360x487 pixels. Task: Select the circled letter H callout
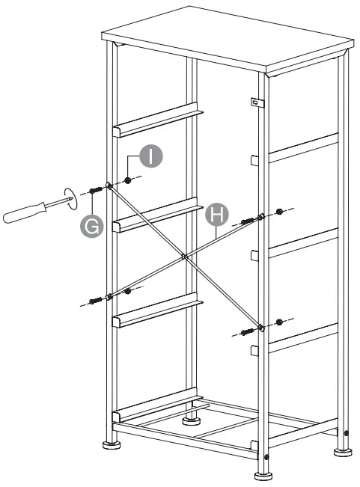coord(215,215)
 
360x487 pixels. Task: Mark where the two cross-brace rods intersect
coord(184,256)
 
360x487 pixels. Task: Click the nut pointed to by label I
coord(129,180)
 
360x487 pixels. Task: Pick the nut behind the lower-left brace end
coord(129,290)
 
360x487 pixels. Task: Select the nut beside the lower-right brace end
coord(279,322)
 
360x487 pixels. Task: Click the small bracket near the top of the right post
coord(254,102)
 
